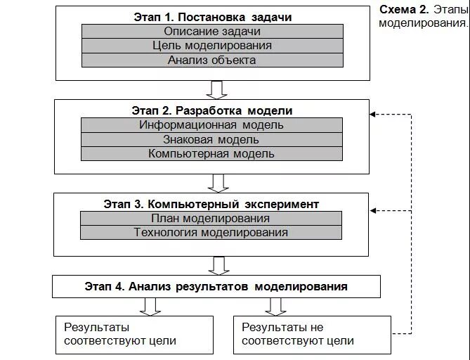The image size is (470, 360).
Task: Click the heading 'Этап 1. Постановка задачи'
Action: pyautogui.click(x=211, y=17)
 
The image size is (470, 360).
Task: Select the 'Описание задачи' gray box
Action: pyautogui.click(x=212, y=32)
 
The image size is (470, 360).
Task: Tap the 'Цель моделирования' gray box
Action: pyautogui.click(x=212, y=46)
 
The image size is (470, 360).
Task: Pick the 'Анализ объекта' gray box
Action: pyautogui.click(x=212, y=60)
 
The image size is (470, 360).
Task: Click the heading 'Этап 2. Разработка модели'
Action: pyautogui.click(x=211, y=111)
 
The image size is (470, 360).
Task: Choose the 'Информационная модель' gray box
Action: pyautogui.click(x=211, y=125)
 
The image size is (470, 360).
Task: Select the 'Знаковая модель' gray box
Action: pyautogui.click(x=211, y=139)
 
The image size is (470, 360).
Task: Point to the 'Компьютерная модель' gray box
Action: pyautogui.click(x=211, y=153)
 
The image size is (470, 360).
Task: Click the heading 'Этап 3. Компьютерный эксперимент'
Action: pyautogui.click(x=211, y=204)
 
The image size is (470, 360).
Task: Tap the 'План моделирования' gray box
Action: pyautogui.click(x=211, y=218)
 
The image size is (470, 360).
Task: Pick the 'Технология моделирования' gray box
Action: pyautogui.click(x=211, y=232)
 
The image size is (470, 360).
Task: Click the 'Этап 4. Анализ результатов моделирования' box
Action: pyautogui.click(x=216, y=286)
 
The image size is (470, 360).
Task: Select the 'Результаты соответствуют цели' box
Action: pyautogui.click(x=135, y=334)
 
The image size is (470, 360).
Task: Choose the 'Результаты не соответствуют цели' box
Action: pyautogui.click(x=312, y=334)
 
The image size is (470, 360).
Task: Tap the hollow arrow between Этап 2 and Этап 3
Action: pyautogui.click(x=217, y=183)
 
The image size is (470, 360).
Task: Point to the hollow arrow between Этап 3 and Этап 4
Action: pyautogui.click(x=217, y=265)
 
